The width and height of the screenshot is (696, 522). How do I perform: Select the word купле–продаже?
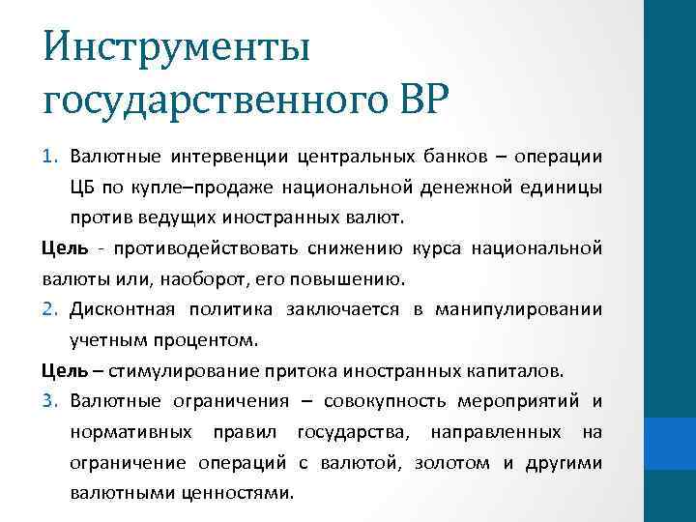pos(200,187)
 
